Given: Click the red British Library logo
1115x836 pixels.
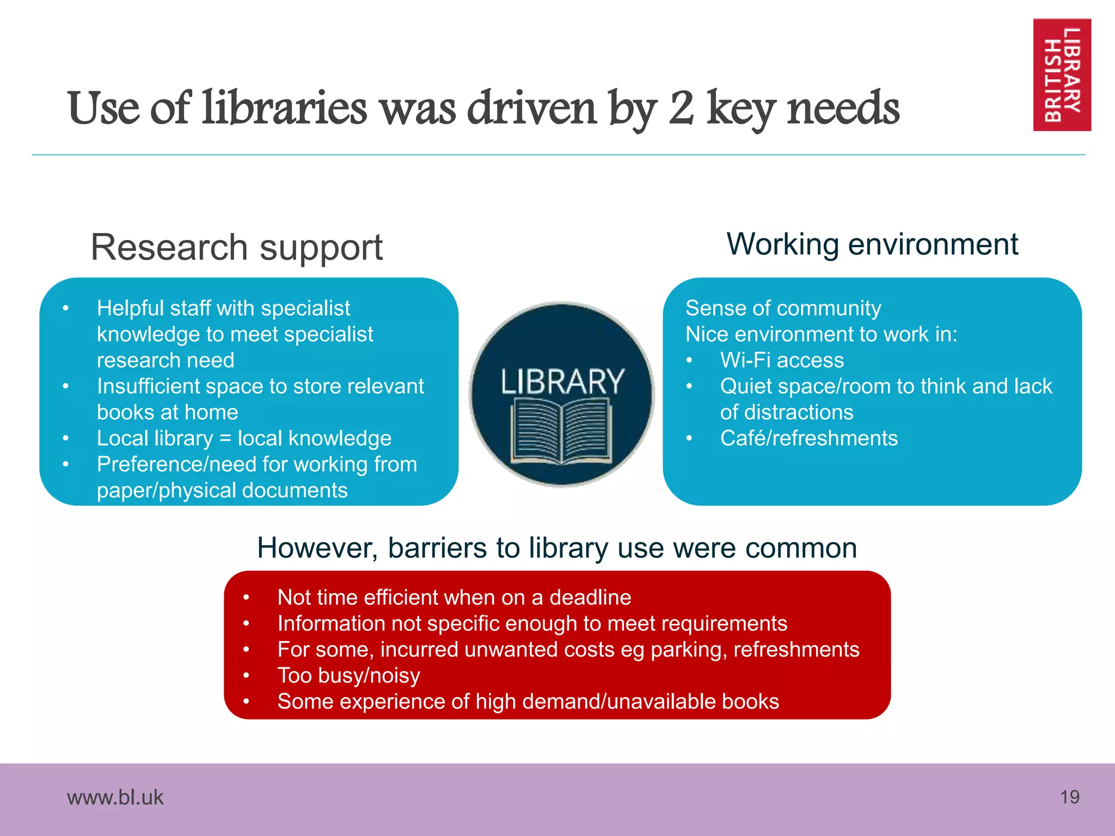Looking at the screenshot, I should pos(1062,75).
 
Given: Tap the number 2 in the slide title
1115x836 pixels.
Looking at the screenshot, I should pos(681,108).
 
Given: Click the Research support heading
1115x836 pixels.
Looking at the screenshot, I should pos(237,248).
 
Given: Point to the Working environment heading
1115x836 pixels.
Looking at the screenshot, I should pos(872,244).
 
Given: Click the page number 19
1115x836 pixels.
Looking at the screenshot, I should pos(1069,797).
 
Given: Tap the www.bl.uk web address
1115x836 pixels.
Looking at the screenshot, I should pos(115,797).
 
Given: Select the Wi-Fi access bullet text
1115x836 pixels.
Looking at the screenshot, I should pos(782,360).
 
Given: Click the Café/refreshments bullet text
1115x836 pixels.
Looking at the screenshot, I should pos(808,438).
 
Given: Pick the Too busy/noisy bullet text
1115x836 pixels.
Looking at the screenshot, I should pos(348,675).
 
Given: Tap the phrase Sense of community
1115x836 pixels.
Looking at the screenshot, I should pos(783,308).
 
